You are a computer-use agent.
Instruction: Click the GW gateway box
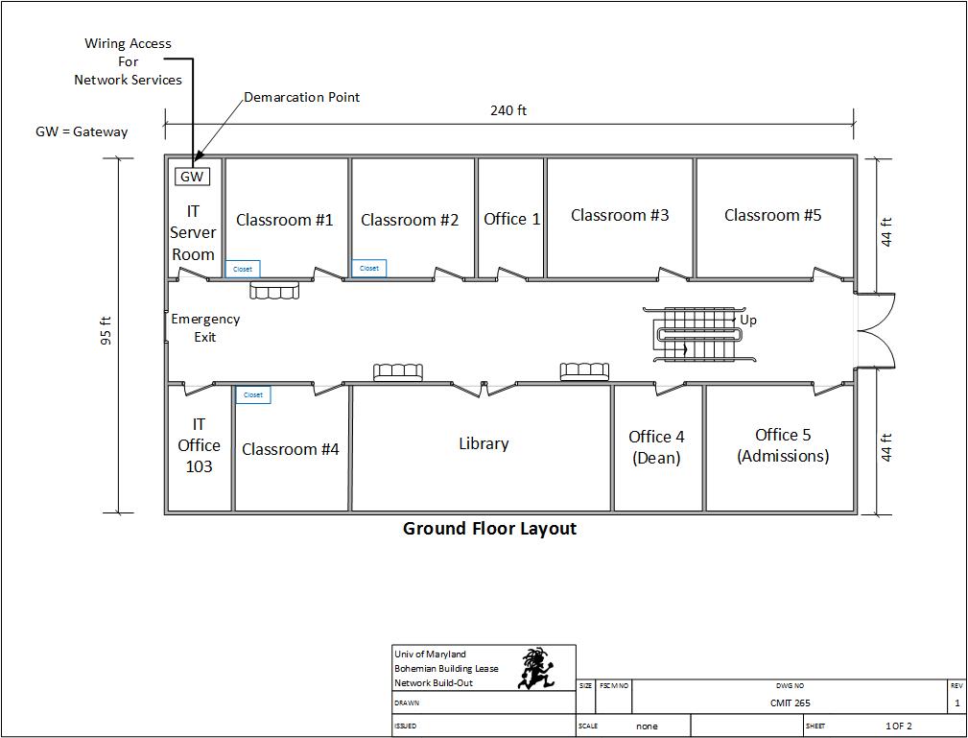pyautogui.click(x=193, y=177)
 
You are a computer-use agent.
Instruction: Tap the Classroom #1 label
pyautogui.click(x=285, y=220)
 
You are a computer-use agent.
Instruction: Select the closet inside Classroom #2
pyautogui.click(x=369, y=269)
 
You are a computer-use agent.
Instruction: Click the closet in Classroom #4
pyautogui.click(x=253, y=394)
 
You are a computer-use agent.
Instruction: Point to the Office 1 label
pyautogui.click(x=511, y=219)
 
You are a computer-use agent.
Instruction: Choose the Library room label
pyautogui.click(x=484, y=443)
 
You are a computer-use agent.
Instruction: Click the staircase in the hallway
pyautogui.click(x=698, y=334)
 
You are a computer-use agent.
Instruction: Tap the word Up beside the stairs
pyautogui.click(x=748, y=320)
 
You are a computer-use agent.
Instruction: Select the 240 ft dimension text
pyautogui.click(x=508, y=110)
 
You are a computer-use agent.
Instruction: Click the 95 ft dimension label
pyautogui.click(x=106, y=331)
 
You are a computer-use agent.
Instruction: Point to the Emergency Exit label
pyautogui.click(x=205, y=327)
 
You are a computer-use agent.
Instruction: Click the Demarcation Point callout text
pyautogui.click(x=301, y=97)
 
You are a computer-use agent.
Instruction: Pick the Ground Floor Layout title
pyautogui.click(x=489, y=528)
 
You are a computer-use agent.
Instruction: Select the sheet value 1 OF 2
pyautogui.click(x=898, y=726)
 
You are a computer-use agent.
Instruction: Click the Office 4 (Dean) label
pyautogui.click(x=656, y=447)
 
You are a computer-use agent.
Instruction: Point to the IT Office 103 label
pyautogui.click(x=199, y=445)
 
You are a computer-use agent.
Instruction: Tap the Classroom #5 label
pyautogui.click(x=772, y=215)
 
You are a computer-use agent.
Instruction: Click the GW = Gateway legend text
pyautogui.click(x=82, y=131)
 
